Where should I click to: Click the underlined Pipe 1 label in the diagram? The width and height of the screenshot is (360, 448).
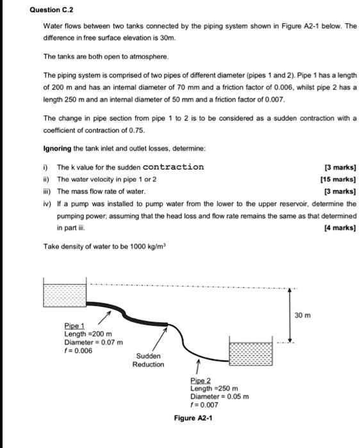(x=74, y=326)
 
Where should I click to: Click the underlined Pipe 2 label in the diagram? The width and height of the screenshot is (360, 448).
(x=200, y=380)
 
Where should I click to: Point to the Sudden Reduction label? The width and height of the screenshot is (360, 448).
(x=147, y=360)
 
